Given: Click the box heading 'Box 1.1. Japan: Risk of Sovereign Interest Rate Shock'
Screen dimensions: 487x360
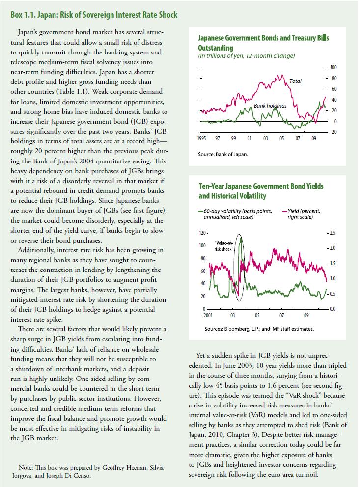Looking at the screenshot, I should point(94,15).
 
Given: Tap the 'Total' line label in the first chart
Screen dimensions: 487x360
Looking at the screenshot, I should point(295,81).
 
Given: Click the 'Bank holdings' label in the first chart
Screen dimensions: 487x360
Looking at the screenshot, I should point(270,106).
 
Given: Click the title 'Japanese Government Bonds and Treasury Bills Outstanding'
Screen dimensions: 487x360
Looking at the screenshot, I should point(263,43).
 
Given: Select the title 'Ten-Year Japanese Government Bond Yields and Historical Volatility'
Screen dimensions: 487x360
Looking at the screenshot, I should point(261,191).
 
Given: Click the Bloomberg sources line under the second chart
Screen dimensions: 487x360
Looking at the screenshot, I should point(259,329).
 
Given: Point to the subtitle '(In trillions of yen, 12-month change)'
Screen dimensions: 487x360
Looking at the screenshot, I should point(246,56).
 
